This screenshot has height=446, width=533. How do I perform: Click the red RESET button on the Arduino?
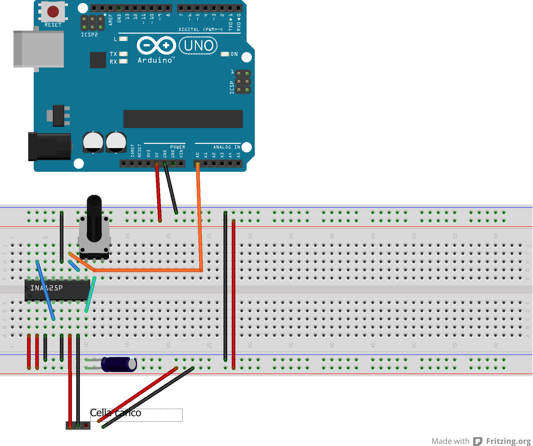(x=53, y=12)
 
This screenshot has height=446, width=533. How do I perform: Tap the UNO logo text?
(x=199, y=46)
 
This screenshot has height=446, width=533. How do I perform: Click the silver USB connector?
(x=39, y=49)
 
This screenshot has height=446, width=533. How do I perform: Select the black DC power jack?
(x=49, y=146)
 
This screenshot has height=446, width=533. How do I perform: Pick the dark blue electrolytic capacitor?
(x=119, y=364)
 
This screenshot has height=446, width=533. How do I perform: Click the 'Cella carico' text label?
(x=116, y=413)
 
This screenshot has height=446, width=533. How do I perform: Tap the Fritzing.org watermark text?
(x=508, y=441)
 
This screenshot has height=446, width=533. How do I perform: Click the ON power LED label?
(x=234, y=54)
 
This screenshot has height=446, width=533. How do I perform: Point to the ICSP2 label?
(x=89, y=35)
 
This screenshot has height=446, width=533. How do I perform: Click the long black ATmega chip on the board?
(x=183, y=119)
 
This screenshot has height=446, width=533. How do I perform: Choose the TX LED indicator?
(x=123, y=54)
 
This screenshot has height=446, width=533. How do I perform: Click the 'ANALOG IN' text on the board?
(x=227, y=147)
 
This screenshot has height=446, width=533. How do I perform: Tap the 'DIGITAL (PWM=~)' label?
(x=201, y=29)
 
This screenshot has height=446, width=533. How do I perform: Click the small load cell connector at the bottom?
(x=78, y=425)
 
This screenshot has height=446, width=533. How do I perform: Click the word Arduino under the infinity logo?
(x=155, y=60)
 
